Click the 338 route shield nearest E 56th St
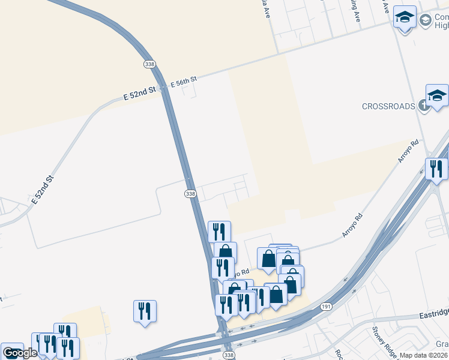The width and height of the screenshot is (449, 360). coord(150,64)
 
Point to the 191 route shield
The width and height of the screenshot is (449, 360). coord(326,307)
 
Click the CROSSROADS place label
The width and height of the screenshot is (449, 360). coord(388,106)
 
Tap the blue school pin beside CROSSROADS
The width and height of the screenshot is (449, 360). coord(437,96)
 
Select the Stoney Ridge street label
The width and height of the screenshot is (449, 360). coord(381,338)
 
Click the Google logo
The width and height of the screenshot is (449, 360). coord(20,353)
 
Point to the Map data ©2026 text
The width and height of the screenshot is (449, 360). coord(424,355)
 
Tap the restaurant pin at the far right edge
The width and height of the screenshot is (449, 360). coord(436,169)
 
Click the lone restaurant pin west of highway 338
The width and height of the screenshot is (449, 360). coord(145,311)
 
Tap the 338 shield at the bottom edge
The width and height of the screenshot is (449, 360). coord(228,356)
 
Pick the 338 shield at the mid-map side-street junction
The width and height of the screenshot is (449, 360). coord(190,193)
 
